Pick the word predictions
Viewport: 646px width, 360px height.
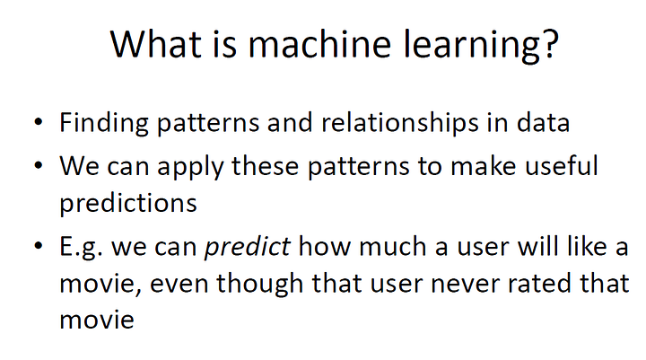click(x=128, y=203)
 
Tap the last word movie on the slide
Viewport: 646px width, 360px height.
click(x=97, y=320)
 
